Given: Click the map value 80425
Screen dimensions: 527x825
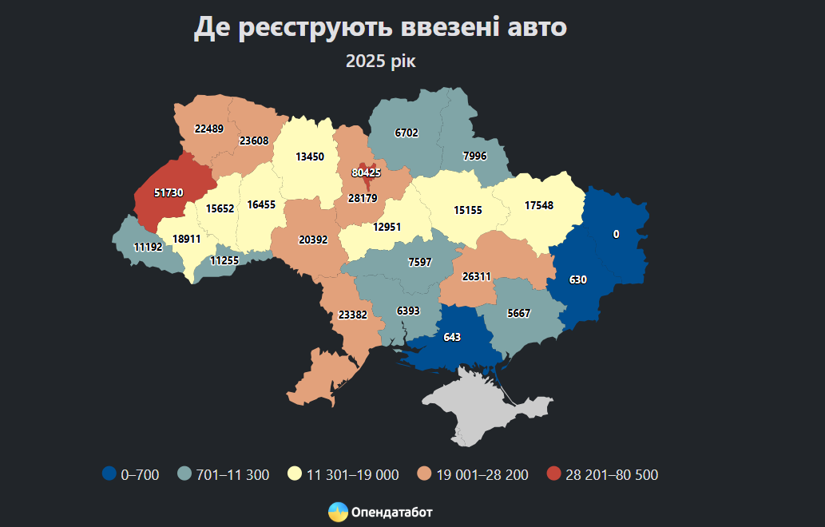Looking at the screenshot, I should pyautogui.click(x=366, y=172).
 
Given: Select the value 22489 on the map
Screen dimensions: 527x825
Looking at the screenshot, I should pyautogui.click(x=208, y=129).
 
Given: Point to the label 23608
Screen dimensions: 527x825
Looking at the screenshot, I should pyautogui.click(x=254, y=141).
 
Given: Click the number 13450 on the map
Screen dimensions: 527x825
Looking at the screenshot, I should pyautogui.click(x=310, y=157).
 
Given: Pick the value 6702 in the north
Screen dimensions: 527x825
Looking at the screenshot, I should pyautogui.click(x=407, y=133).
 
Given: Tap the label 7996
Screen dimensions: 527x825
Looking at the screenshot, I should pyautogui.click(x=474, y=156).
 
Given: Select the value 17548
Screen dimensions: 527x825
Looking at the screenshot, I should pyautogui.click(x=539, y=205).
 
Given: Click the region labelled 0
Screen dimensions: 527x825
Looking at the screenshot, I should pyautogui.click(x=616, y=234).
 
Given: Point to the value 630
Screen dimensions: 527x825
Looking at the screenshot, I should pyautogui.click(x=578, y=280).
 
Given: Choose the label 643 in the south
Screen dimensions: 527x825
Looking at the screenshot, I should pyautogui.click(x=452, y=337).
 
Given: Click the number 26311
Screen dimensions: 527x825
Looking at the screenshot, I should pyautogui.click(x=477, y=276).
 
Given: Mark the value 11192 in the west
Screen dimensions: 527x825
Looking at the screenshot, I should pyautogui.click(x=148, y=247).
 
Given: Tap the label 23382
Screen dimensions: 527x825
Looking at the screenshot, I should pyautogui.click(x=352, y=315).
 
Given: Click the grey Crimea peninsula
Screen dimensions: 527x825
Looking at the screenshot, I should pyautogui.click(x=479, y=407).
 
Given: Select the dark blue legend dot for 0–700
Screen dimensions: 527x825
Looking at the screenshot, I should pyautogui.click(x=109, y=474).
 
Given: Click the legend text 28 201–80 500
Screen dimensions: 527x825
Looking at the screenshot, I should pyautogui.click(x=612, y=475).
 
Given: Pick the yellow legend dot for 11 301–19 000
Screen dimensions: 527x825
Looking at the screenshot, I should pyautogui.click(x=295, y=474).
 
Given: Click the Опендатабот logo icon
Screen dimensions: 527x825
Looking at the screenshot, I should pyautogui.click(x=338, y=512).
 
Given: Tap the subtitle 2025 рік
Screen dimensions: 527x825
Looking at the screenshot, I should pyautogui.click(x=381, y=61).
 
